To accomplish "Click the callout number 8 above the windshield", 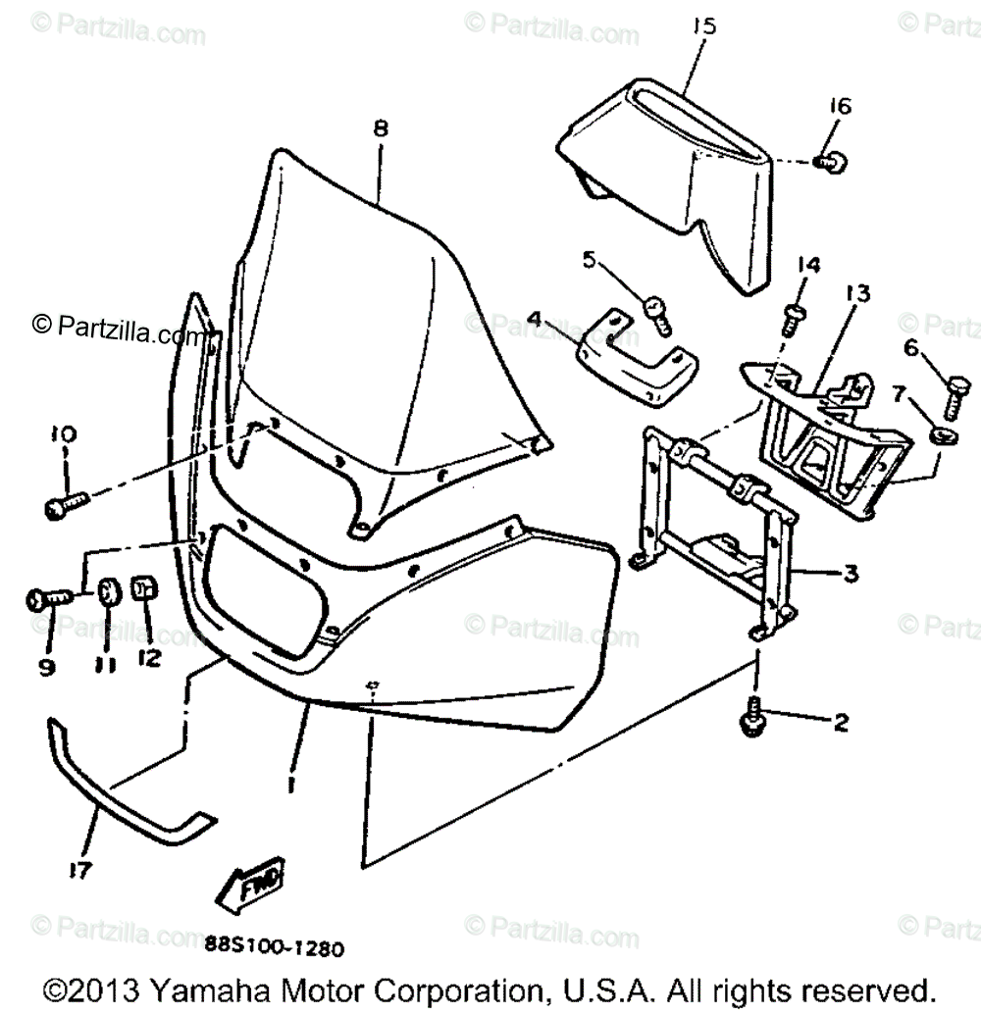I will [381, 127].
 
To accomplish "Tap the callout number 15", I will [702, 25].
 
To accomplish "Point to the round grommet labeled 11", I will [107, 592].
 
